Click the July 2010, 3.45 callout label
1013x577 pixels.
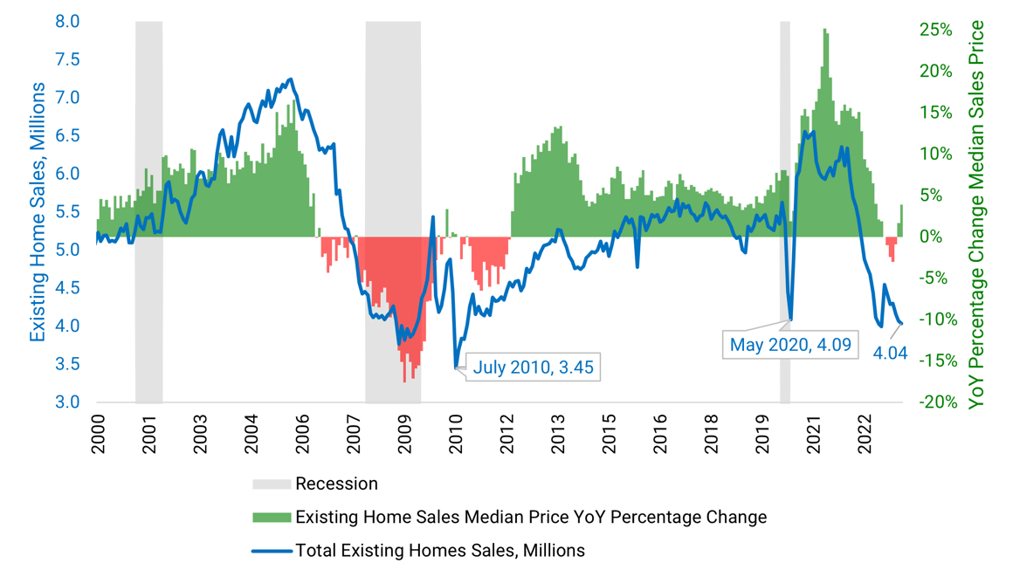[533, 367]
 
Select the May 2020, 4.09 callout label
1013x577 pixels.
[789, 344]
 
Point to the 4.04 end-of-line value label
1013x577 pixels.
[890, 354]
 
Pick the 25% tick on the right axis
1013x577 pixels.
[935, 30]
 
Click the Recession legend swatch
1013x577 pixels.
[272, 484]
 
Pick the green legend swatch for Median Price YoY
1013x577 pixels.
[272, 518]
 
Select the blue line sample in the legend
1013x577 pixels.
[272, 551]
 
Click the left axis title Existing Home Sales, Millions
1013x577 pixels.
[38, 212]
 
